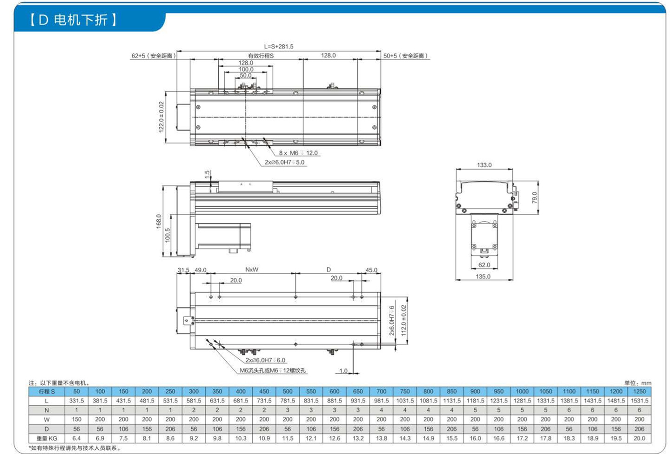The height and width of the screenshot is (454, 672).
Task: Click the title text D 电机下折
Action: click(73, 20)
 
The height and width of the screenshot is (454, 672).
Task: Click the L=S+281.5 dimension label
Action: click(279, 46)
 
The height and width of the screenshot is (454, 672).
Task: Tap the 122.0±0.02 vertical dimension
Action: click(161, 117)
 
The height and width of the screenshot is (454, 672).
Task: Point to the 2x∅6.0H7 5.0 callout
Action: click(284, 162)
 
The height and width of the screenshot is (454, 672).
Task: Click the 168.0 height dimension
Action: click(159, 221)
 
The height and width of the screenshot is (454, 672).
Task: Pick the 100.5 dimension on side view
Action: click(168, 236)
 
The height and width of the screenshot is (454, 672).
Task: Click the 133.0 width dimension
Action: click(484, 165)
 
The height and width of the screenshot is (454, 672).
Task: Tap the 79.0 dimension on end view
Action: click(534, 197)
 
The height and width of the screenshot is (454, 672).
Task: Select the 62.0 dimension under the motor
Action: click(484, 265)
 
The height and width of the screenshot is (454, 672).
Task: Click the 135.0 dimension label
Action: click(483, 276)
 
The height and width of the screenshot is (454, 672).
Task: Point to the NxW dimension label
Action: click(252, 270)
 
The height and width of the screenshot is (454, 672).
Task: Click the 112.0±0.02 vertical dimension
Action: click(403, 321)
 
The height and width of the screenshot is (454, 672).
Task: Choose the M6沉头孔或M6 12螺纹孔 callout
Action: click(273, 370)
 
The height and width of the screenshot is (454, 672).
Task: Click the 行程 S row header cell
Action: click(47, 391)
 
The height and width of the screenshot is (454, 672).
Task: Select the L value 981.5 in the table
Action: click(381, 401)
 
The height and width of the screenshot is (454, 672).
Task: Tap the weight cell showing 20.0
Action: click(639, 438)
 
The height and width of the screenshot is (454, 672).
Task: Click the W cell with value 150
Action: click(76, 420)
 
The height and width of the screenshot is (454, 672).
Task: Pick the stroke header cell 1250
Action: click(639, 391)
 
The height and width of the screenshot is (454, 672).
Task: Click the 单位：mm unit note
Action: click(638, 383)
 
